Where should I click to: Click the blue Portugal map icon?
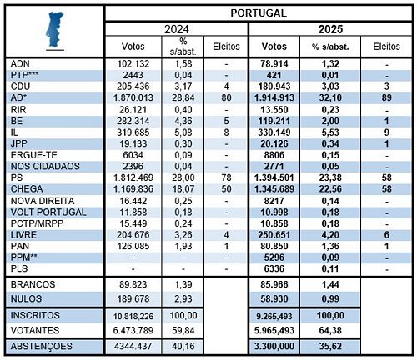pos(55,29)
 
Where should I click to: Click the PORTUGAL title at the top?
pos(259,13)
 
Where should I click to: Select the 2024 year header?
pos(177,29)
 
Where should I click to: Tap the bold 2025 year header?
pos(330,29)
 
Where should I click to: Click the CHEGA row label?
pos(27,189)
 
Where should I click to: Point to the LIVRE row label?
pos(23,235)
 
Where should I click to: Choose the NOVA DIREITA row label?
pos(43,201)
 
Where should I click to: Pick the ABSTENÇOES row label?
pos(42,347)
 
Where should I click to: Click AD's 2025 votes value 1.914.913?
pos(274,97)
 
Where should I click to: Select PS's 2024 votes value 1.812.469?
pos(133,177)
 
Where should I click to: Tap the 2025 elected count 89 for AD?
pos(386,97)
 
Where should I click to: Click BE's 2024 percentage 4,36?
pos(183,121)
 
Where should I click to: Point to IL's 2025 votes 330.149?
pos(274,132)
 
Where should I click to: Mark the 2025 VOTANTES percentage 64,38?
pos(330,330)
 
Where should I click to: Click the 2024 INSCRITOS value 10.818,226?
pos(133,316)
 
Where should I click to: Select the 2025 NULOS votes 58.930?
pos(274,298)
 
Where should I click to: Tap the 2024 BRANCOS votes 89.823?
pos(133,284)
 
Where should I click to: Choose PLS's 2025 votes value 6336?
pos(274,268)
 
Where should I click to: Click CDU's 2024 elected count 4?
pos(226,87)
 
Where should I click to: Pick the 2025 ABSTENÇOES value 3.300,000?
pos(274,347)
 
